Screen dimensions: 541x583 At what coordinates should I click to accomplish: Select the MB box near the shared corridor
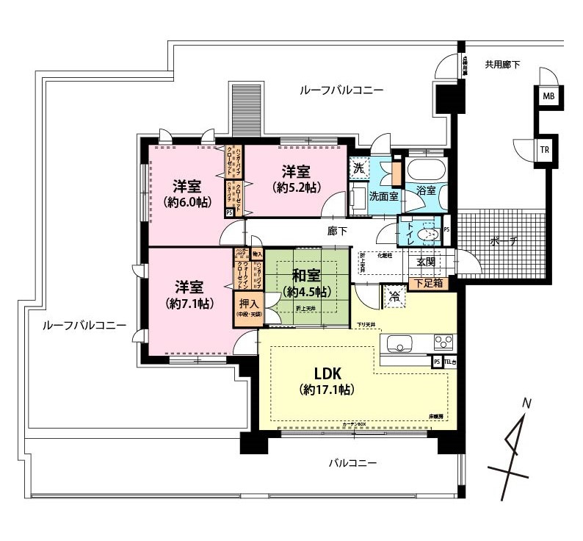coord(548,96)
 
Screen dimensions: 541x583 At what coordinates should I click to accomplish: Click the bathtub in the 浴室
coord(424,171)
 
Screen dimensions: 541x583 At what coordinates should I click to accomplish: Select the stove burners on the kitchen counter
coord(443,342)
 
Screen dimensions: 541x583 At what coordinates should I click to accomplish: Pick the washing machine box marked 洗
coord(358,167)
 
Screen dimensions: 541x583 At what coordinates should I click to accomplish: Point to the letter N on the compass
coord(526,404)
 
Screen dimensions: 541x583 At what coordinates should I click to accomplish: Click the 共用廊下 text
coord(502,65)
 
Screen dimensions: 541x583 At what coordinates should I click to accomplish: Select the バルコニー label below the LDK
coord(352,464)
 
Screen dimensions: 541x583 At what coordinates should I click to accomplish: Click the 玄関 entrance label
coord(427,262)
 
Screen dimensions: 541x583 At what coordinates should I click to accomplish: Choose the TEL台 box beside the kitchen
coord(449,362)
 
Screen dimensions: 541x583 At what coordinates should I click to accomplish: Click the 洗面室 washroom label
coord(383,196)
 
